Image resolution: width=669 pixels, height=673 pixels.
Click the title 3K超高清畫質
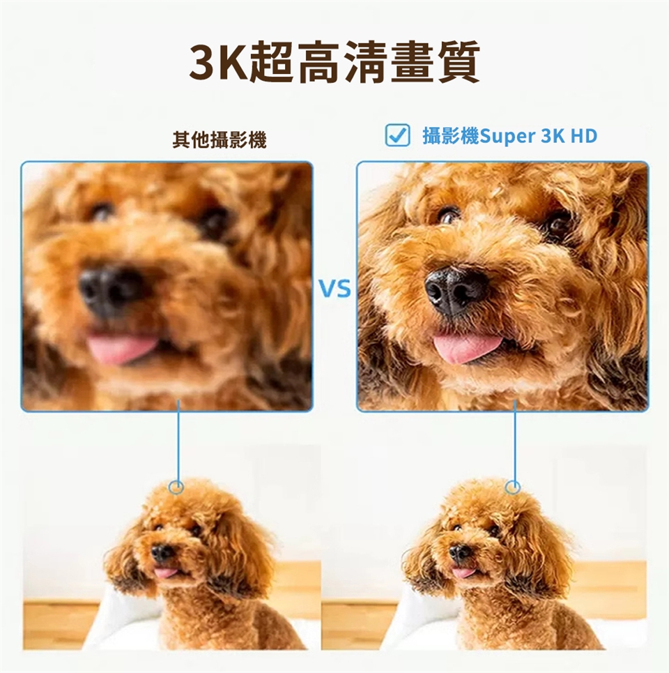pyautogui.click(x=334, y=63)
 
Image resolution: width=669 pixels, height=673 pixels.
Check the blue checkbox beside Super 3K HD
pyautogui.click(x=397, y=135)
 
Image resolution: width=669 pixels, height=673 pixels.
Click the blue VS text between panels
pyautogui.click(x=335, y=288)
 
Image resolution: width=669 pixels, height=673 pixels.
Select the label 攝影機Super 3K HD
pyautogui.click(x=510, y=136)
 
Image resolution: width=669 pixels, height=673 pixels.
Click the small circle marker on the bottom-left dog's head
pyautogui.click(x=177, y=487)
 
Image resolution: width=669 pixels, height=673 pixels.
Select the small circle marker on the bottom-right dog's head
pyautogui.click(x=514, y=487)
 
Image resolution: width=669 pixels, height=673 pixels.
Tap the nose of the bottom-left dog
pyautogui.click(x=162, y=552)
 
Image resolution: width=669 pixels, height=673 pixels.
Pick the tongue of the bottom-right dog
pyautogui.click(x=463, y=573)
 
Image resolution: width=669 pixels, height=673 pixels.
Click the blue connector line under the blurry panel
pyautogui.click(x=178, y=443)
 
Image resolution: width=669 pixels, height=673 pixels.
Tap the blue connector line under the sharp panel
pyautogui.click(x=515, y=443)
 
